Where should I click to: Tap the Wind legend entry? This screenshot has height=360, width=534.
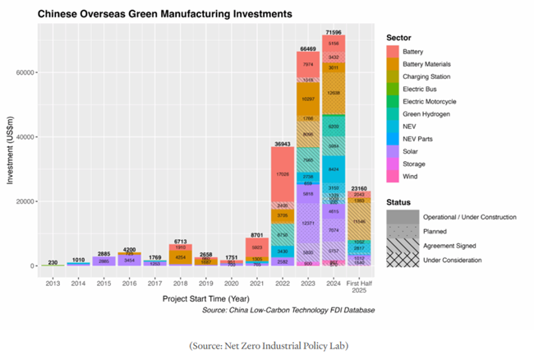point(420,176)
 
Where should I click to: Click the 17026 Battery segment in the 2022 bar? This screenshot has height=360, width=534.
point(283,173)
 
